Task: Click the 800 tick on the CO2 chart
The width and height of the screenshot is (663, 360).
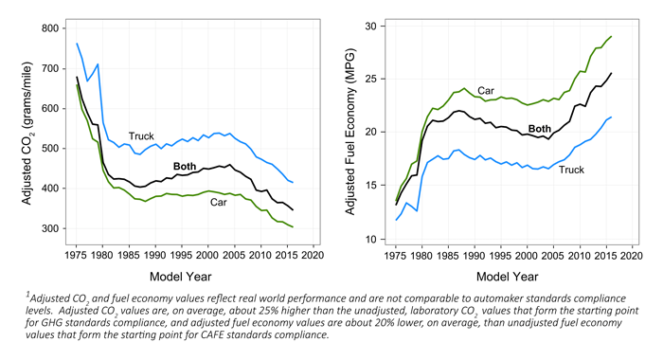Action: tap(50, 28)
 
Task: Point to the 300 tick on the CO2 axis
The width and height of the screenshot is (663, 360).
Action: tap(50, 228)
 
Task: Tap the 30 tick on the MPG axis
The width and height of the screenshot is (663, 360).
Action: tap(370, 27)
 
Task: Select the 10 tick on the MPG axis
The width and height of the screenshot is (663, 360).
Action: tap(370, 240)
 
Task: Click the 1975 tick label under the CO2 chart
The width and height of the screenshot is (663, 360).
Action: tap(77, 255)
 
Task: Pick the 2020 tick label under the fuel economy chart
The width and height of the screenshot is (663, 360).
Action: tap(632, 256)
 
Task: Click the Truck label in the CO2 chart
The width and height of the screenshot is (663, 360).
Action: tap(141, 136)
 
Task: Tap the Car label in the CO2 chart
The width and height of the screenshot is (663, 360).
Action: tap(219, 202)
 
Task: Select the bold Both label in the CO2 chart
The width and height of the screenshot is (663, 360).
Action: tap(185, 166)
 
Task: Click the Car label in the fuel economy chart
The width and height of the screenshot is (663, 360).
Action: tap(486, 91)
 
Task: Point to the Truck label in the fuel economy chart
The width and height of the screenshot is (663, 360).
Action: tap(571, 170)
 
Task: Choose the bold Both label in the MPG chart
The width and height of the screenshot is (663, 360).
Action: tap(540, 129)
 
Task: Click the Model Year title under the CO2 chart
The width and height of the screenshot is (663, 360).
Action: tap(181, 277)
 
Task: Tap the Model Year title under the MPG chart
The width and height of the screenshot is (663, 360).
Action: tap(508, 277)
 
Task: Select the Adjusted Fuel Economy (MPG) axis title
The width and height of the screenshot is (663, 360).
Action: tap(350, 132)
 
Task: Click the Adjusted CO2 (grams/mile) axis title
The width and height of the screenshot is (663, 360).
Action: tap(27, 134)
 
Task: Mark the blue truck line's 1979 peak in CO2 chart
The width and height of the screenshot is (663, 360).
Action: tap(98, 64)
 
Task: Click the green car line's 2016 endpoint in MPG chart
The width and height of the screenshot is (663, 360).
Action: tap(611, 36)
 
